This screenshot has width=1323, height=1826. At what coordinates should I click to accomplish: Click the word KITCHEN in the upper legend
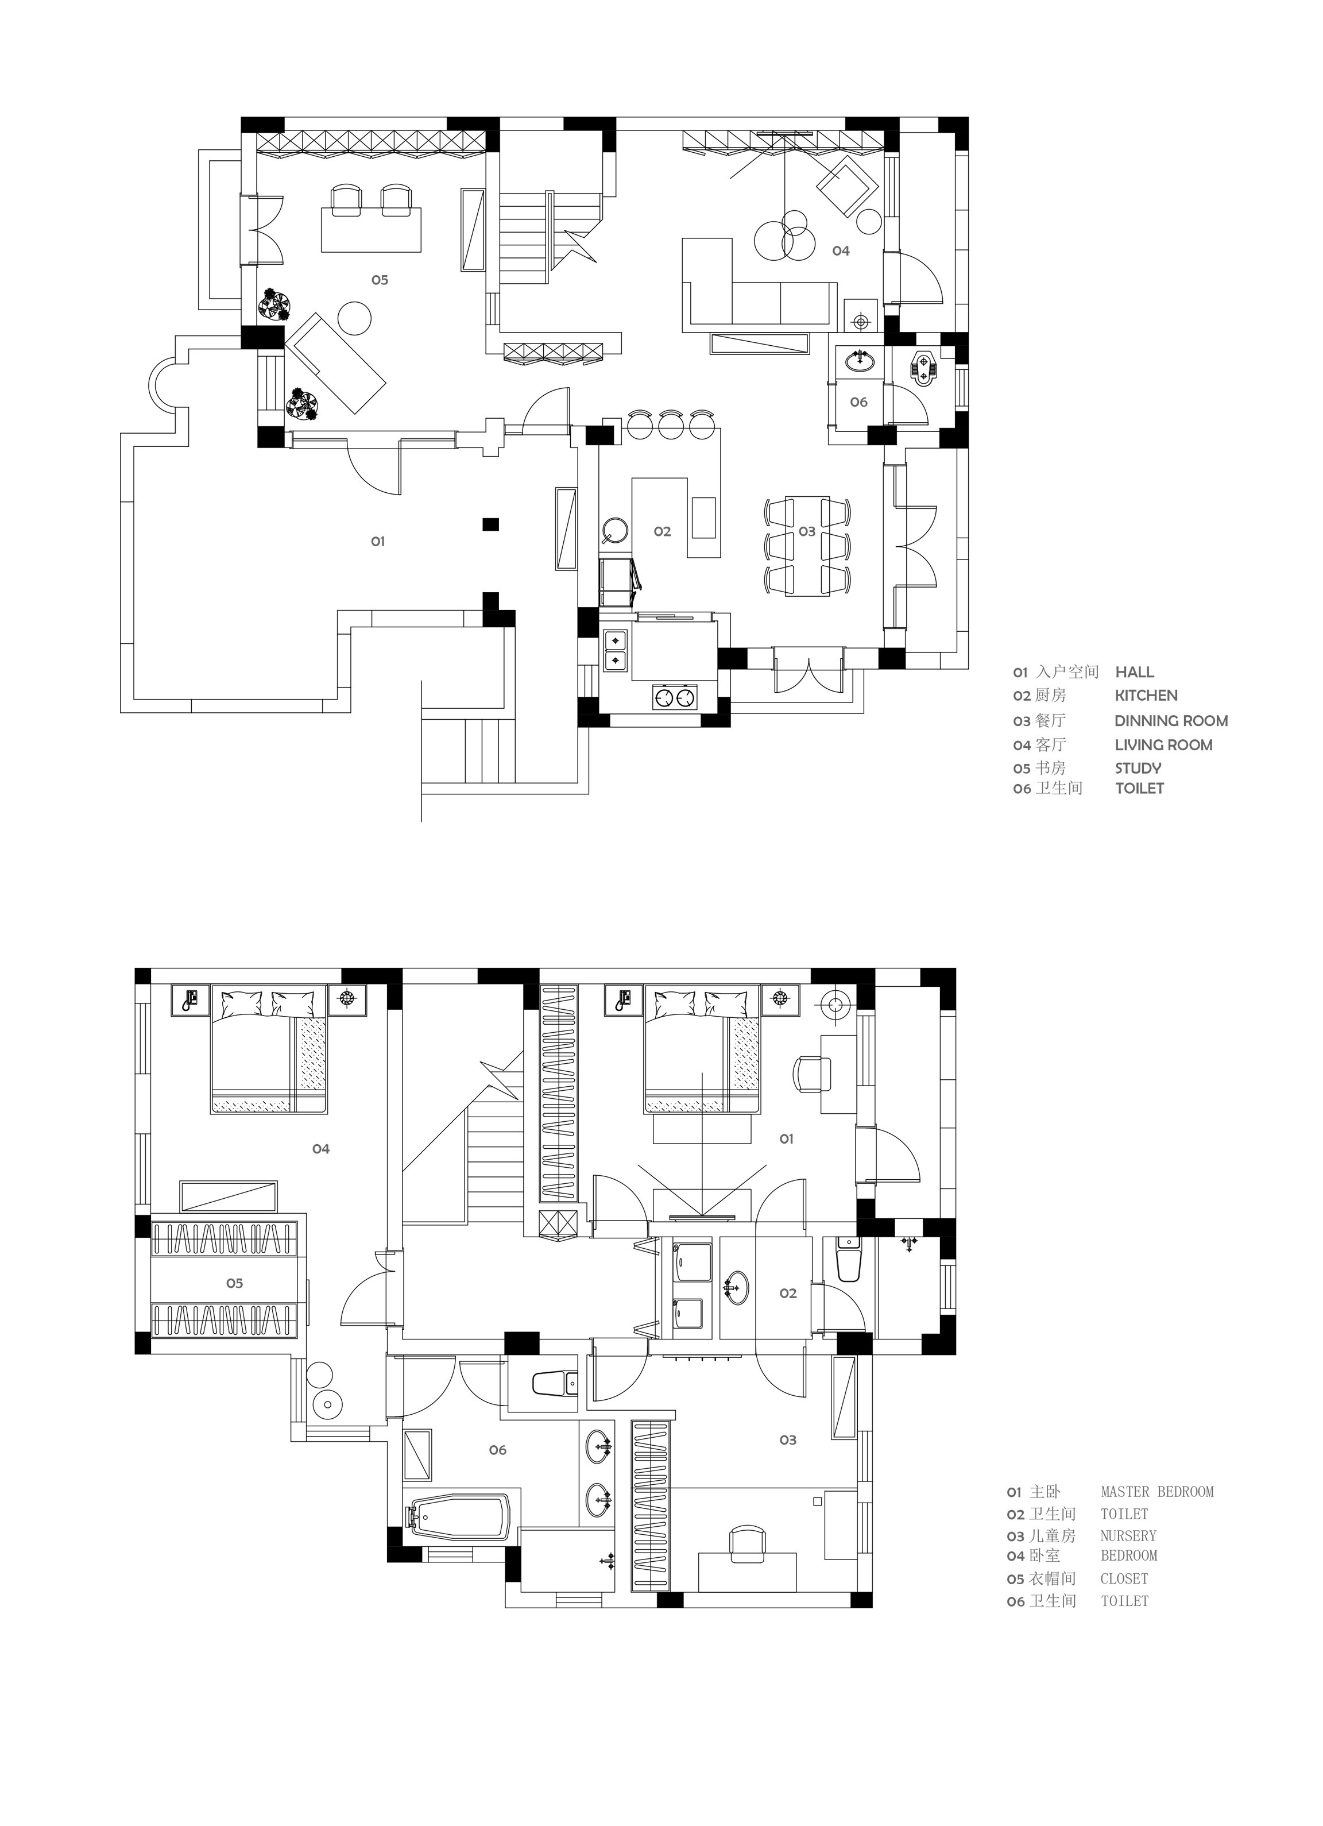1146,696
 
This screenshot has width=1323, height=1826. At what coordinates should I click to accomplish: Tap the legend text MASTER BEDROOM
1157,1492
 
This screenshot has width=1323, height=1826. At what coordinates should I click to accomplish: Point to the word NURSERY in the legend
1128,1535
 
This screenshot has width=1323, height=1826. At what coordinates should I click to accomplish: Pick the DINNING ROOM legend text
1171,720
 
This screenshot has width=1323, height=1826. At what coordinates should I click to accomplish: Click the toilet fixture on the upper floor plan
922,368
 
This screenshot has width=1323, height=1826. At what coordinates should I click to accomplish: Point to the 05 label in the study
380,280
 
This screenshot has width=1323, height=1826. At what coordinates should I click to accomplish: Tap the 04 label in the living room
841,251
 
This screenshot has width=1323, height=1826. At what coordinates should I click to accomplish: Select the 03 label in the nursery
788,1441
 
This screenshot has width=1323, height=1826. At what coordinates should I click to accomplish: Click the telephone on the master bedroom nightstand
621,1000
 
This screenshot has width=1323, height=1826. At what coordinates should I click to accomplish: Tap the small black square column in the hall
490,524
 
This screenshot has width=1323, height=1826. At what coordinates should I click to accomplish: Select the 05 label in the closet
235,1283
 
